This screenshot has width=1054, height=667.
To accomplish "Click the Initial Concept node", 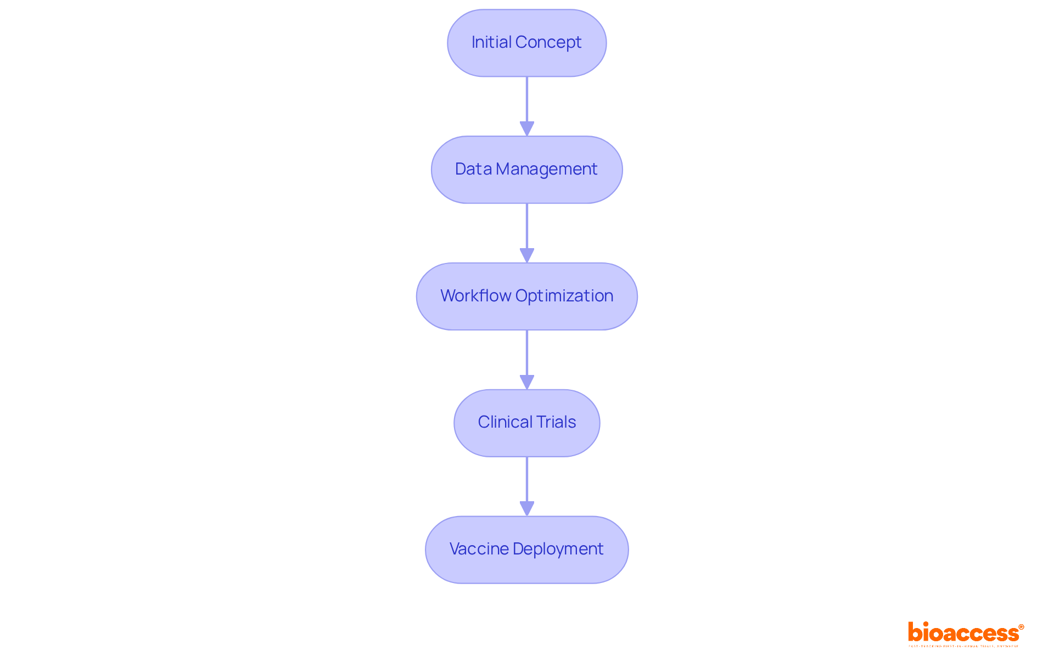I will point(527,43).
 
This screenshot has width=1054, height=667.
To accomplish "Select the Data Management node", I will point(527,170).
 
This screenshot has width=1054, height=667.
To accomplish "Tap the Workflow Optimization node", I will point(527,296).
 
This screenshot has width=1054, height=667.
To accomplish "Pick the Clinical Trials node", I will point(527,423).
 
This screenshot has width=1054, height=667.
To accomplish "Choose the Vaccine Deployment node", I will point(527,550).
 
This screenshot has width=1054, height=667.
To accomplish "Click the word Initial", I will point(491,42).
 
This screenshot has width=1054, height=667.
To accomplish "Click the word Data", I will point(473,169).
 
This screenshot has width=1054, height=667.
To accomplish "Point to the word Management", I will point(546,169).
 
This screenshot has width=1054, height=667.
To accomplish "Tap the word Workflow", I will point(475,296).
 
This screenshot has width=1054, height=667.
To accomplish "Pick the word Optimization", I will point(564,296).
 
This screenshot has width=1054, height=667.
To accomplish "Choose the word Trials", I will point(556,422).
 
